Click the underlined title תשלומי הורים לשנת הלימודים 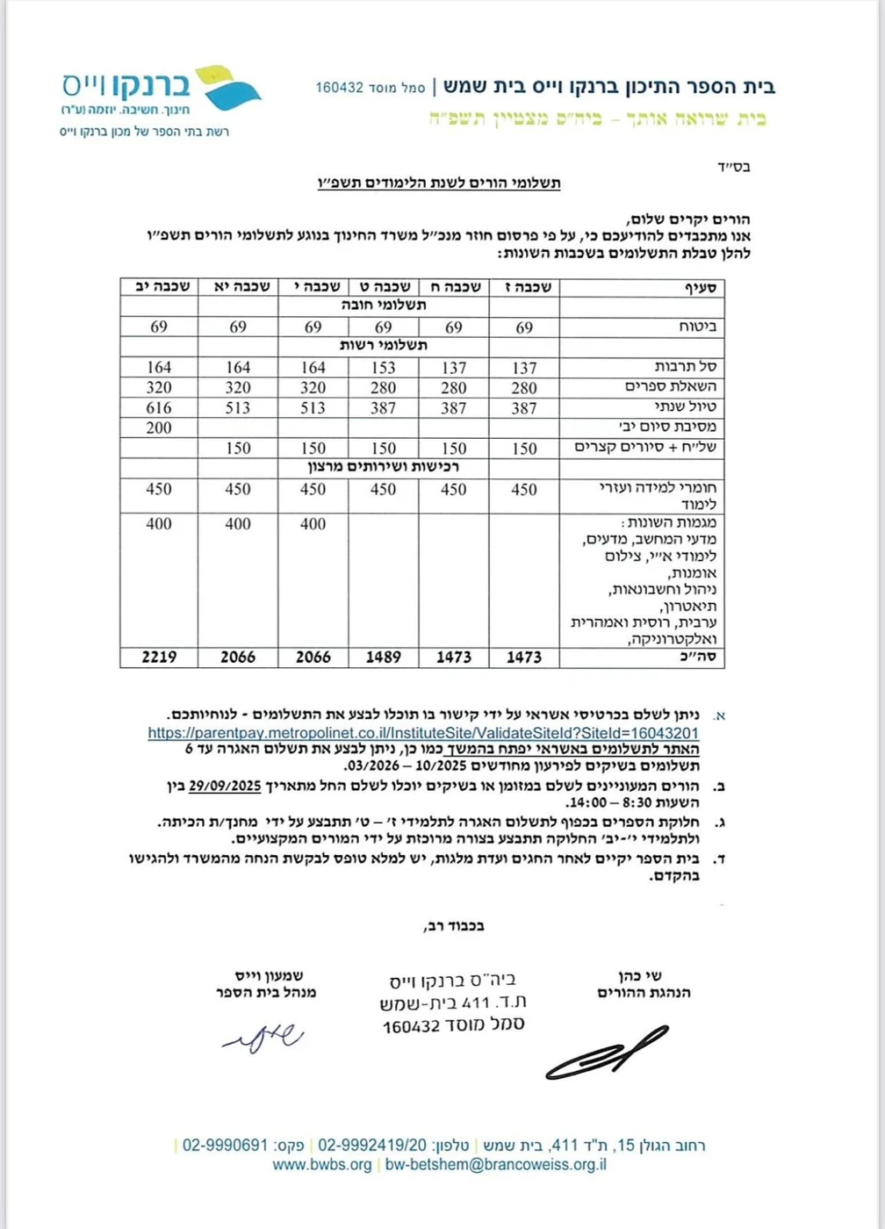(438, 183)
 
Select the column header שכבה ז (523, 287)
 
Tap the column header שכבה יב (159, 287)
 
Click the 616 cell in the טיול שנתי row (159, 407)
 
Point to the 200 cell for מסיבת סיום (159, 428)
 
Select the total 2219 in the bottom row (159, 657)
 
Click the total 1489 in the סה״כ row (383, 657)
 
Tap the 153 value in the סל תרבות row (383, 367)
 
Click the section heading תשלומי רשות (384, 346)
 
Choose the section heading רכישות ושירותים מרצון (383, 467)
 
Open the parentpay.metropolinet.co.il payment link (423, 733)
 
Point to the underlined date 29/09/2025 (225, 786)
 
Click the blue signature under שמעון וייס (264, 1038)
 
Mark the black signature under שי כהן (606, 1052)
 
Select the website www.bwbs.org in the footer (322, 1165)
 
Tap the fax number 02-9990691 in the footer (225, 1146)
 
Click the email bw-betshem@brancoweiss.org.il (496, 1165)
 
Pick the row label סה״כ (703, 657)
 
